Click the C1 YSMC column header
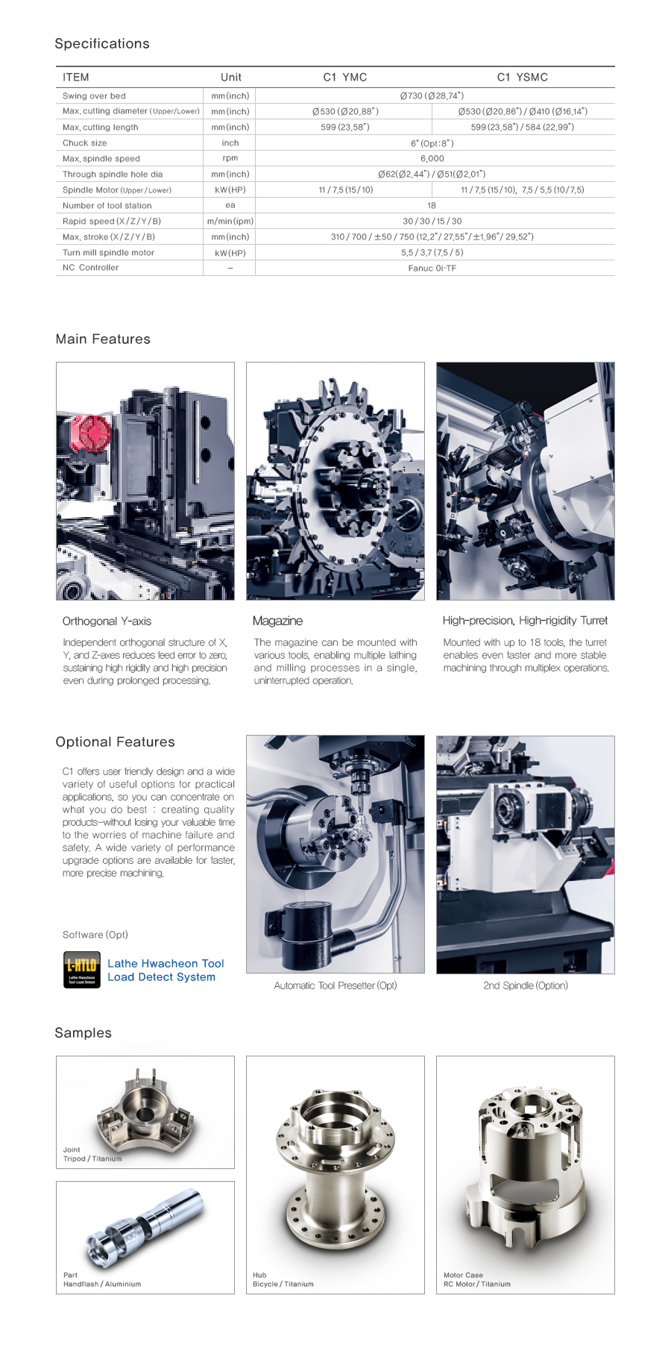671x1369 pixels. pos(522,77)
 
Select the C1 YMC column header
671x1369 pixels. pos(344,77)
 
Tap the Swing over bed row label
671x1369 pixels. pos(94,95)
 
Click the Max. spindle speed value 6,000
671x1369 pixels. pos(432,158)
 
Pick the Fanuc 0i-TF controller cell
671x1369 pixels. pos(432,268)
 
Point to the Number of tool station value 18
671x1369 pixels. pos(432,205)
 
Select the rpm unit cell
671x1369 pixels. pos(230,158)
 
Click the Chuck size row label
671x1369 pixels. pos(84,142)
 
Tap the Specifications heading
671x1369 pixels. pos(102,44)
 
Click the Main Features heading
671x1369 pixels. pos(103,339)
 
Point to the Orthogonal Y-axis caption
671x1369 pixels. pos(107,621)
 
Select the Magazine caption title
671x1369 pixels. pos(277,621)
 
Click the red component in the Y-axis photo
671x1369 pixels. pos(91,434)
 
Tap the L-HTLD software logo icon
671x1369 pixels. pos(81,970)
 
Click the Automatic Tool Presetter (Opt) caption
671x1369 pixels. pos(335,986)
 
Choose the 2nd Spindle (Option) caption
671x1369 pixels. pos(525,986)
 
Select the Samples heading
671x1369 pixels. pos(83,1033)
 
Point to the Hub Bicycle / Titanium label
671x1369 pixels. pos(283,1279)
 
